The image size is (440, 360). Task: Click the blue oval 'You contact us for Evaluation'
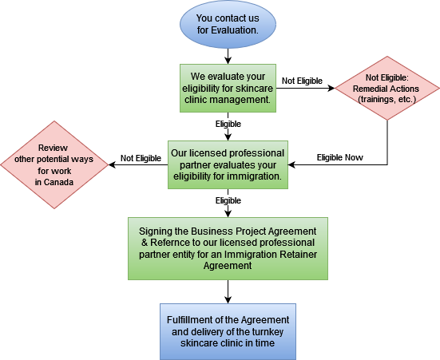pyautogui.click(x=228, y=25)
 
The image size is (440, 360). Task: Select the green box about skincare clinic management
pyautogui.click(x=228, y=88)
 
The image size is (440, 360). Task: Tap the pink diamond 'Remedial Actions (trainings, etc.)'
pyautogui.click(x=387, y=88)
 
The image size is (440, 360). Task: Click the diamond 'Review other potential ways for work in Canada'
pyautogui.click(x=54, y=164)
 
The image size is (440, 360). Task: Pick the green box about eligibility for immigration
pyautogui.click(x=228, y=164)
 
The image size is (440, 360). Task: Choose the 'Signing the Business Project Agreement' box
pyautogui.click(x=228, y=248)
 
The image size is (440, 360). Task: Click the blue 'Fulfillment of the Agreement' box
pyautogui.click(x=228, y=331)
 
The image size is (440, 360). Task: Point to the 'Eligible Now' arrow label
pyautogui.click(x=340, y=157)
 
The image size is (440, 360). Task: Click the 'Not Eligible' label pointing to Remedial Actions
pyautogui.click(x=302, y=81)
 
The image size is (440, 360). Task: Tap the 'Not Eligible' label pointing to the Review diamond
pyautogui.click(x=141, y=158)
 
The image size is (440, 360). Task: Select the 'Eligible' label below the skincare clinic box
pyautogui.click(x=228, y=124)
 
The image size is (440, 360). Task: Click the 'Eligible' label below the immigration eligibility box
pyautogui.click(x=228, y=200)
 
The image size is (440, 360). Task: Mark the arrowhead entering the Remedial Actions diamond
pyautogui.click(x=331, y=88)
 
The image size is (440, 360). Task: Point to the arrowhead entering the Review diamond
pyautogui.click(x=112, y=164)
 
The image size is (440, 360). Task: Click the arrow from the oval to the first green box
pyautogui.click(x=228, y=57)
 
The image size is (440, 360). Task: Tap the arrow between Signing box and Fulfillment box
pyautogui.click(x=228, y=291)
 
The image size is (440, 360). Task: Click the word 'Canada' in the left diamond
pyautogui.click(x=58, y=182)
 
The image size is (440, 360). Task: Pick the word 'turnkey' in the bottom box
pyautogui.click(x=268, y=332)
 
